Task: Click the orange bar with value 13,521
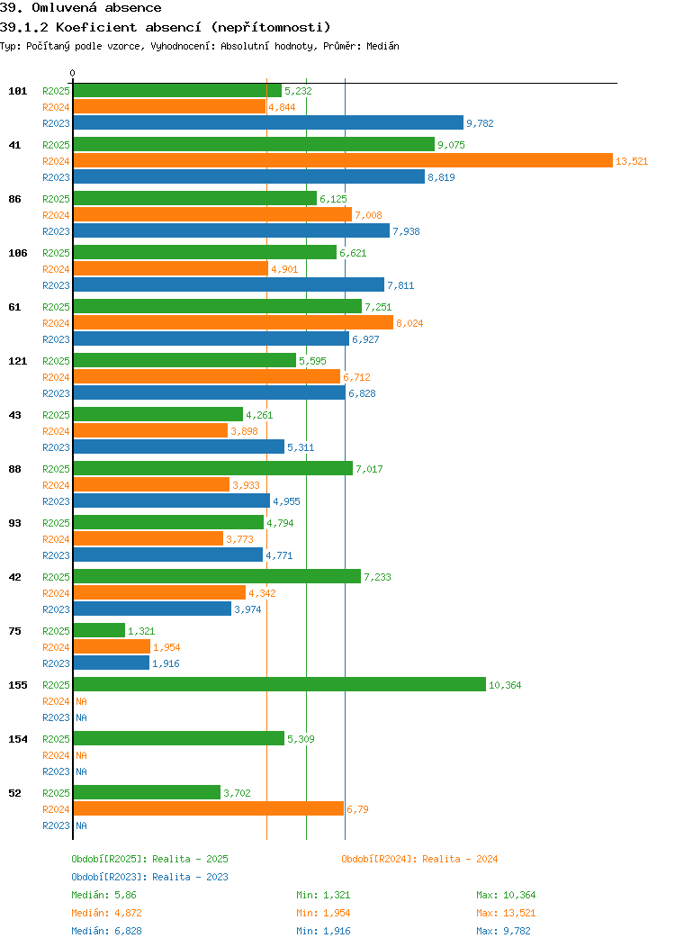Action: click(x=342, y=160)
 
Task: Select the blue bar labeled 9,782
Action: click(x=267, y=122)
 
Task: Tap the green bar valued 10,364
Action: click(x=279, y=684)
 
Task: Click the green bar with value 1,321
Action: click(x=99, y=630)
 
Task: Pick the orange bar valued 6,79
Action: click(x=208, y=808)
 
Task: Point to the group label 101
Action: click(x=17, y=91)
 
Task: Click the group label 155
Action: click(x=17, y=685)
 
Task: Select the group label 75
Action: click(x=14, y=631)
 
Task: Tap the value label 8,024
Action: click(x=409, y=323)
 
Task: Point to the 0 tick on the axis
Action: click(x=73, y=74)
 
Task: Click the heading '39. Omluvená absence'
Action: click(x=81, y=8)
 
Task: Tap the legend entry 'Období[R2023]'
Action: click(x=110, y=877)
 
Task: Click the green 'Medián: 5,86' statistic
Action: click(x=103, y=895)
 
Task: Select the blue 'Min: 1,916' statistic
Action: click(x=324, y=931)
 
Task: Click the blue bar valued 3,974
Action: click(x=152, y=609)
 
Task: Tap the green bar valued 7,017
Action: click(x=212, y=468)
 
